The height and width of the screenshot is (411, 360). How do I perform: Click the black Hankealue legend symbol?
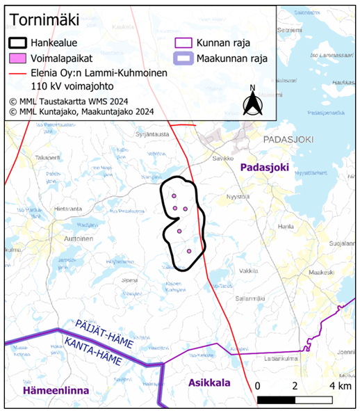pos(23,43)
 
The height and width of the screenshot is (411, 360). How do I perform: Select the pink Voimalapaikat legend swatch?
pos(23,58)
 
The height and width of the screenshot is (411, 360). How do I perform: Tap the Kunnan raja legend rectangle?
pos(184,43)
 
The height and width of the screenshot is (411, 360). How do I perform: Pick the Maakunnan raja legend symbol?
pos(184,58)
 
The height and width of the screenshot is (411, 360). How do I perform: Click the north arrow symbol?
pos(252,100)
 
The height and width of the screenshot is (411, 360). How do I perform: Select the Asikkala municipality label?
pos(210,382)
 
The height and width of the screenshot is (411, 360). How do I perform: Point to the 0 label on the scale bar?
pos(258,385)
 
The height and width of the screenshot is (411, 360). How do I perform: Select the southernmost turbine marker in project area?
pos(188,251)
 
